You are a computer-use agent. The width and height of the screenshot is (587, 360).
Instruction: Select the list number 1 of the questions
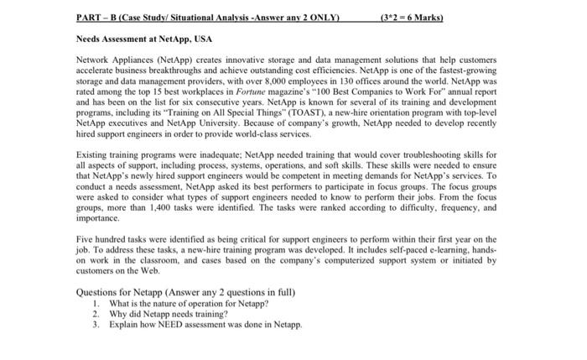coord(97,303)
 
